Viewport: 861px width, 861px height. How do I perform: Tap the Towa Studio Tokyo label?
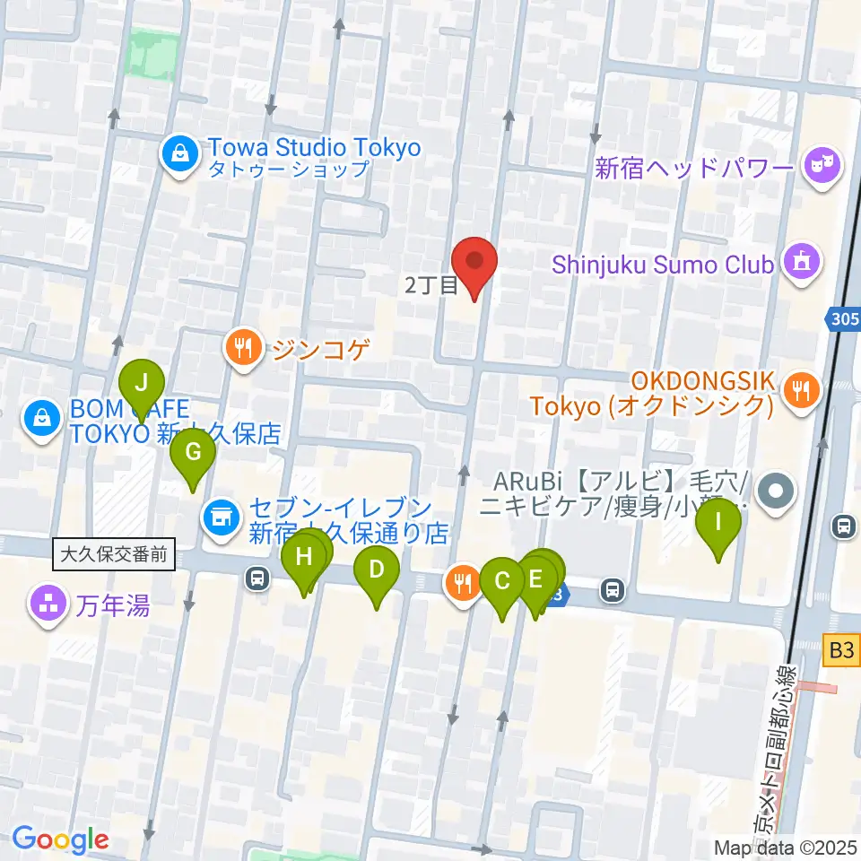tap(313, 146)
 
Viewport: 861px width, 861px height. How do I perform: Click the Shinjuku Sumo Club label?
tap(663, 265)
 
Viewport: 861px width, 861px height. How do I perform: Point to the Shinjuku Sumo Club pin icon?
tap(798, 263)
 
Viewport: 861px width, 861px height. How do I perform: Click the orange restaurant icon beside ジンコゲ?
tap(243, 345)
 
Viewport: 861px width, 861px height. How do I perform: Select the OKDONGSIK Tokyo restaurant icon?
tap(799, 390)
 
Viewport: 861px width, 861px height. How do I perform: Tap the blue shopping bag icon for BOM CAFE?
tap(41, 417)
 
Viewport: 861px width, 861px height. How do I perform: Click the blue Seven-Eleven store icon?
tap(218, 516)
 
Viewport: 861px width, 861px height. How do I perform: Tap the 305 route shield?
tap(843, 318)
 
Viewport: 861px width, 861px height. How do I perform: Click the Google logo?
tap(60, 840)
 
